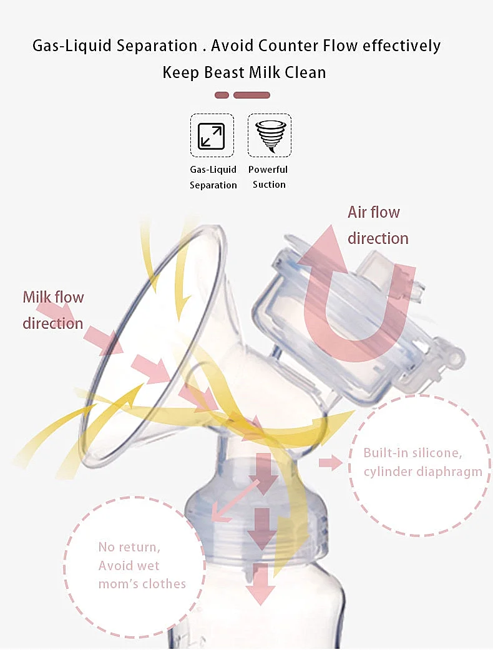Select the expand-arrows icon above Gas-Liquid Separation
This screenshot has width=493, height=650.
pos(212,136)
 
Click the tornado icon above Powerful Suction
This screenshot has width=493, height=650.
pos(270,135)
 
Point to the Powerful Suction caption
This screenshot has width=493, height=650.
pos(269,177)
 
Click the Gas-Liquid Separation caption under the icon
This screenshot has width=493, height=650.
pos(213,177)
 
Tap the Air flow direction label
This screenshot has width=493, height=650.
pos(378,225)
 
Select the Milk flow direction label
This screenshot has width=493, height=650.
pos(53,309)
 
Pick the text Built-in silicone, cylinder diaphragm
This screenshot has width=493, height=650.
pos(422,462)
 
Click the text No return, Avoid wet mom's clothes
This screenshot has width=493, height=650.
pos(142,565)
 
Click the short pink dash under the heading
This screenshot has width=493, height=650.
pos(222,95)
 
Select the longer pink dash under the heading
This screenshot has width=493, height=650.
pos(251,95)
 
